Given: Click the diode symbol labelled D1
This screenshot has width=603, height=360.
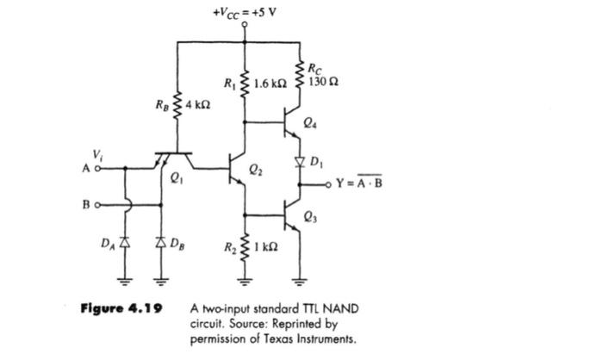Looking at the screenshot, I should (300, 160).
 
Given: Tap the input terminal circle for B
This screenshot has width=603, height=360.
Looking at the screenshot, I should (98, 206).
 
